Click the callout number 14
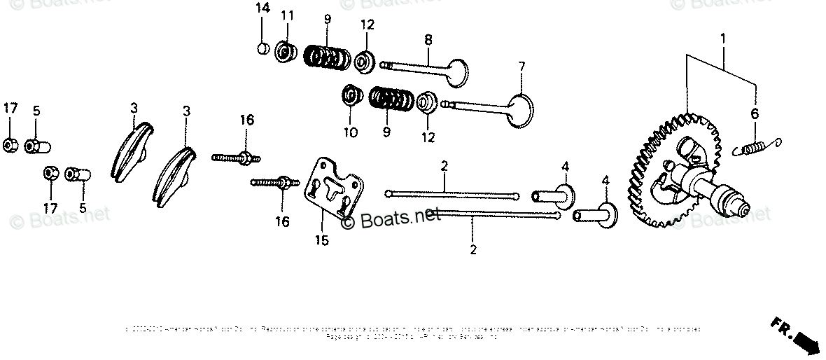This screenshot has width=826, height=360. [x=262, y=8]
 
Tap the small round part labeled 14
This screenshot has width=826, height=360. [x=262, y=48]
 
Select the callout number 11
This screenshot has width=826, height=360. [x=287, y=16]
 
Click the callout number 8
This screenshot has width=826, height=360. [x=428, y=41]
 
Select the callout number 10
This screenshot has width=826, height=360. [x=350, y=132]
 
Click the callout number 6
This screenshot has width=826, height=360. [x=755, y=114]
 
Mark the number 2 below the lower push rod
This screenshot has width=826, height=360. [x=473, y=249]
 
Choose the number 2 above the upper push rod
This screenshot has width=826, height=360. [x=444, y=165]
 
